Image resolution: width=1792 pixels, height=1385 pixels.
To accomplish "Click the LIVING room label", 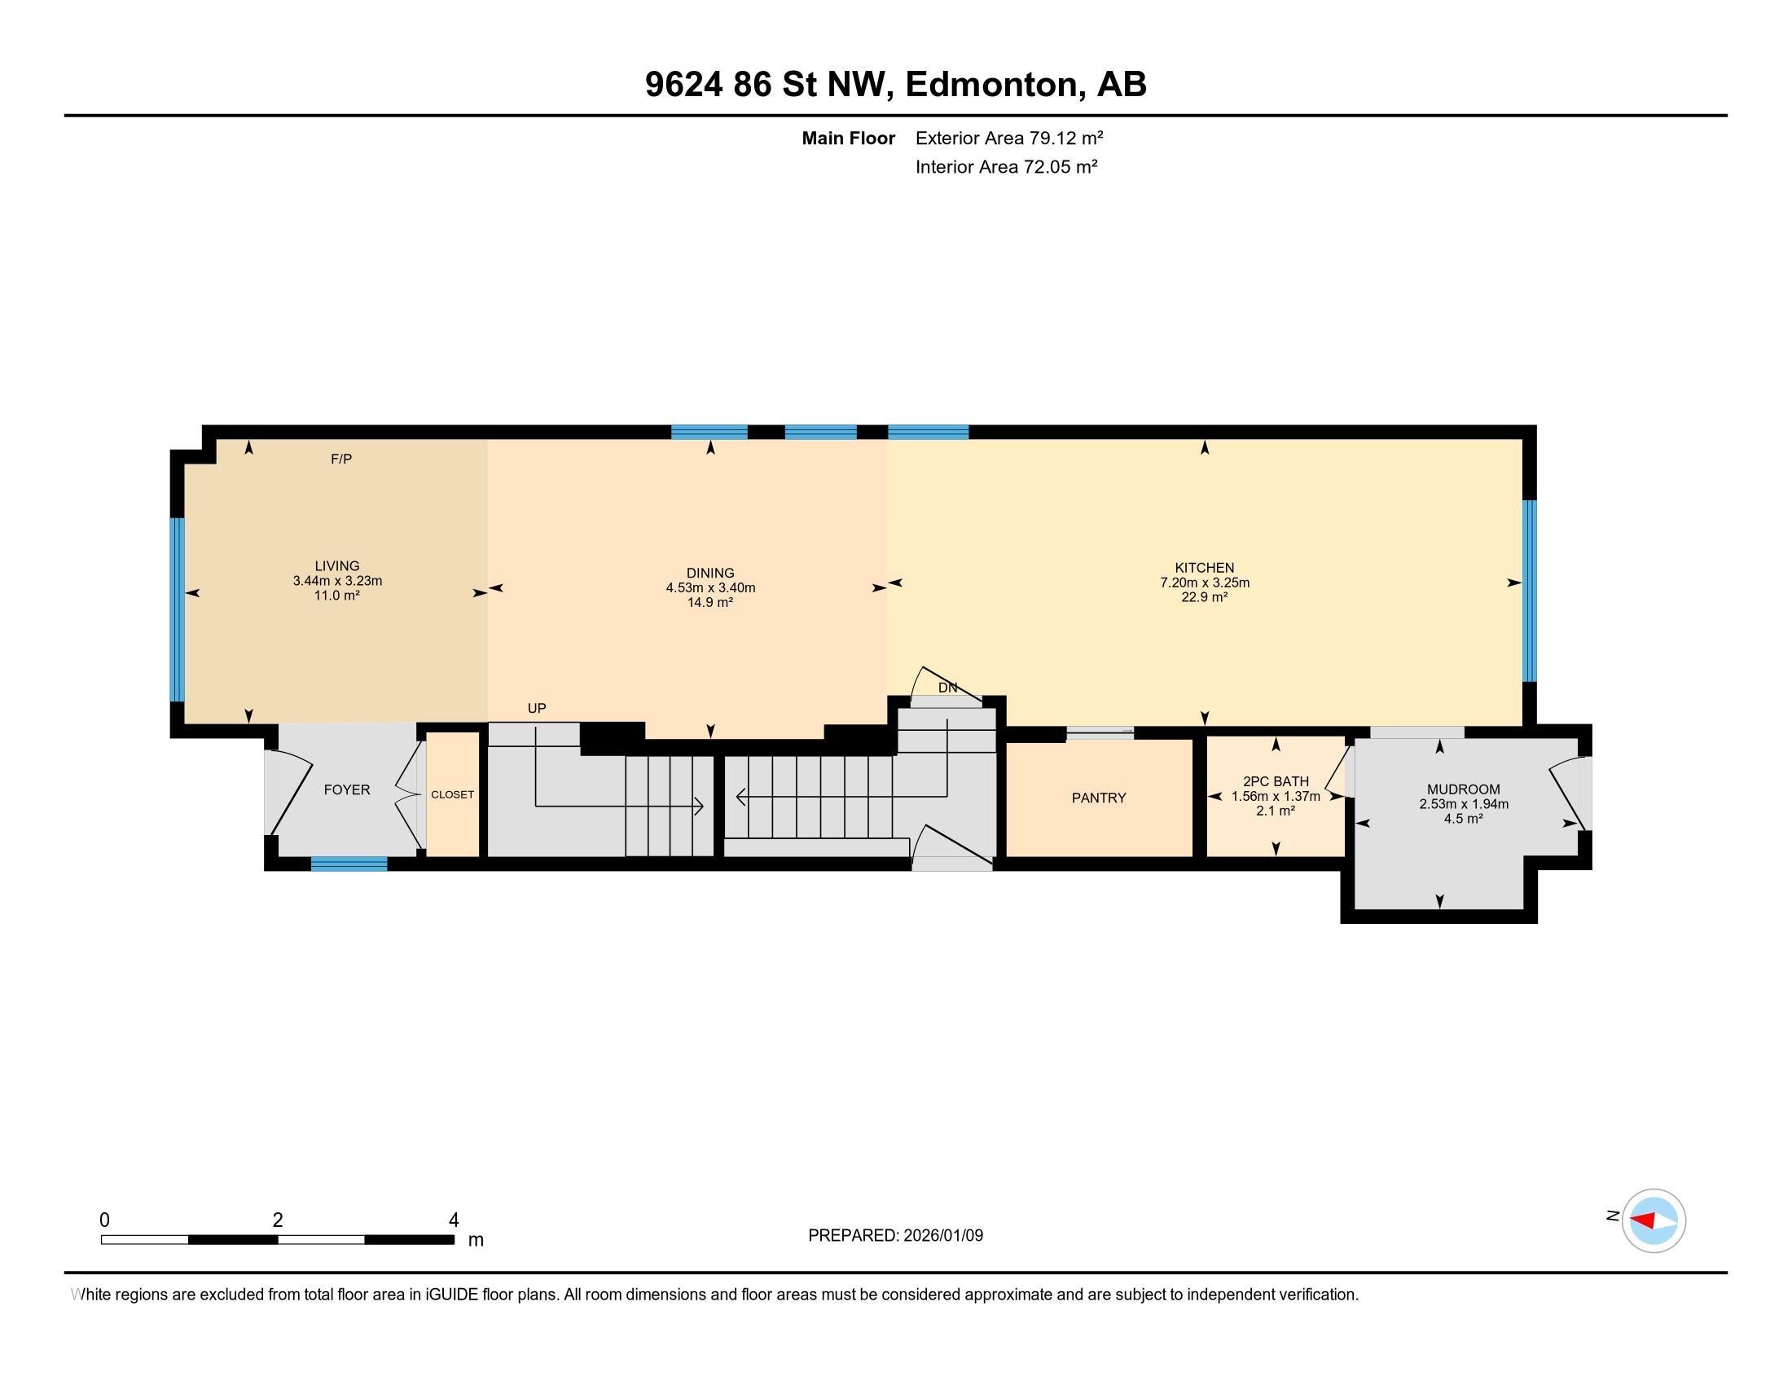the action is tap(337, 566).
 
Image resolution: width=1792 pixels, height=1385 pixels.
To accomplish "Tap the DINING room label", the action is tap(710, 574).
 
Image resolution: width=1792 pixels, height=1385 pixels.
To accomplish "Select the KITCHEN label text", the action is tap(1205, 568).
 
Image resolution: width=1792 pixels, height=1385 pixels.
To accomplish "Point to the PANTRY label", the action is tap(1099, 798).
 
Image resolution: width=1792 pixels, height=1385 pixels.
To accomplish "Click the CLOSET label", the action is tap(452, 795).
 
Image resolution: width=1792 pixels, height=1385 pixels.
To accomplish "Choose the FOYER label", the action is tap(347, 790).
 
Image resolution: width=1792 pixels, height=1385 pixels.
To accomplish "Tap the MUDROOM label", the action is tap(1464, 790).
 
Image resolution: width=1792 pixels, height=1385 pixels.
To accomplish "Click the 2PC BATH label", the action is tap(1276, 782).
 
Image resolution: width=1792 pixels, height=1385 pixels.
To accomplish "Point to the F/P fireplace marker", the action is tap(341, 459).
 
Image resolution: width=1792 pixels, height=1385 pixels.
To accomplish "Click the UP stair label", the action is tap(537, 708).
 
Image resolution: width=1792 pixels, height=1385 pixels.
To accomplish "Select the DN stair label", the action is tap(947, 688).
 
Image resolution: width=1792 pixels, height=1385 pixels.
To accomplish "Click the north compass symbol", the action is tap(1654, 1221).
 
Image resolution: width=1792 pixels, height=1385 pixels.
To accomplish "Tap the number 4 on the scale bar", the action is tap(454, 1220).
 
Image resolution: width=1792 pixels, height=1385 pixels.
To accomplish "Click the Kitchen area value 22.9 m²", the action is tap(1205, 597).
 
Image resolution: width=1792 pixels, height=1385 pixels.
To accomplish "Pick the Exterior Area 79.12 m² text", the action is tap(1009, 138).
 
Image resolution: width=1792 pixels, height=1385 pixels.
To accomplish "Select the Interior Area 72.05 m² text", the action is tap(1007, 166).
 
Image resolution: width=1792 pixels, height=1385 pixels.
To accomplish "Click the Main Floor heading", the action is tap(849, 138).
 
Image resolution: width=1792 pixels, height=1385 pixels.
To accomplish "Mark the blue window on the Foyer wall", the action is tap(349, 863).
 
